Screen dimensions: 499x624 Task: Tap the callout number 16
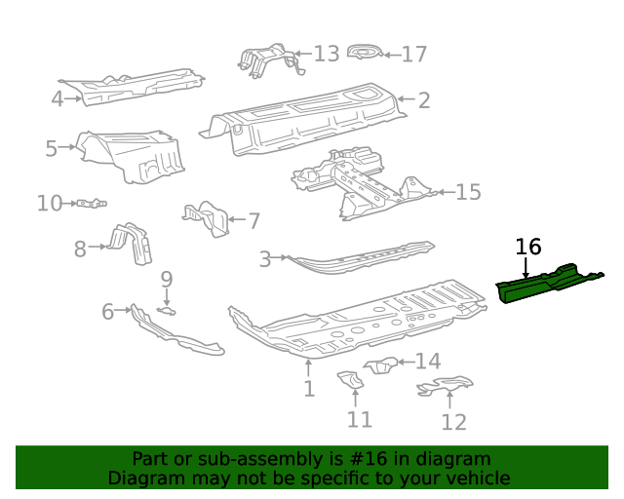click(527, 247)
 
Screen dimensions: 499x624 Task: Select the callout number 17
click(414, 54)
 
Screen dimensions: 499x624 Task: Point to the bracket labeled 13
click(264, 59)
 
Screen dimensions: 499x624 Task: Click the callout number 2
click(424, 99)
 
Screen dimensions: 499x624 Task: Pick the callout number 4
click(58, 97)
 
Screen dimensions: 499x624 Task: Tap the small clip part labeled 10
click(92, 203)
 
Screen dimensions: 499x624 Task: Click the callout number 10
click(49, 203)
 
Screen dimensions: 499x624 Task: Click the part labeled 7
click(207, 219)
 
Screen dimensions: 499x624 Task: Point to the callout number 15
click(468, 192)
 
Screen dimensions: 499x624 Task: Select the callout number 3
click(264, 259)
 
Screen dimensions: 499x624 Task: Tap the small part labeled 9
click(167, 310)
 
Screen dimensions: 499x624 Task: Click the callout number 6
click(107, 312)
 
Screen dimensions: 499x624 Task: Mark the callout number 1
click(308, 389)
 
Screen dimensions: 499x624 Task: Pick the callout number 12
click(453, 421)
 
